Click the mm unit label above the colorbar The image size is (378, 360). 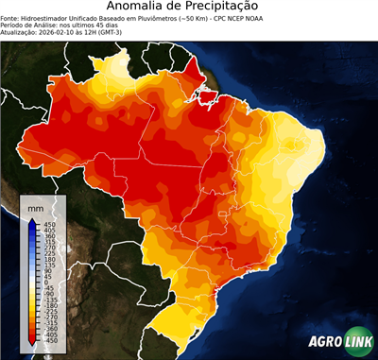pos(36,205)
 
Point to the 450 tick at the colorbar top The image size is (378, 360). pos(47,224)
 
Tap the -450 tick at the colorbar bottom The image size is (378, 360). pos(47,345)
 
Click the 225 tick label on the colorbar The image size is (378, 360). pos(47,254)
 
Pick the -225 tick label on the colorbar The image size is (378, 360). pos(48,315)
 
